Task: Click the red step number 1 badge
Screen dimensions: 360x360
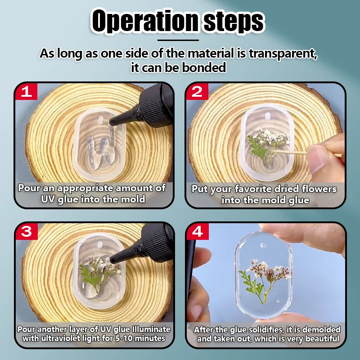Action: tap(26, 92)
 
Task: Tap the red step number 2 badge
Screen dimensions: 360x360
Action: tap(197, 92)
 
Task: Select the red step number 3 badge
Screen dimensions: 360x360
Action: tap(27, 231)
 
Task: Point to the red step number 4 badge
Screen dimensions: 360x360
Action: tap(198, 231)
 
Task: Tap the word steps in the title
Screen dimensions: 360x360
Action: tap(234, 22)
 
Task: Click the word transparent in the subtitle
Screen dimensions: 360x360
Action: tap(283, 54)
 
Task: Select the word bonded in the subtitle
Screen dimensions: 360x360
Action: tap(204, 67)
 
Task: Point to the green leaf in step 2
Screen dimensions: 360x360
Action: tap(257, 148)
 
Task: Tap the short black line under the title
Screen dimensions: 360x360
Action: tap(178, 40)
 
